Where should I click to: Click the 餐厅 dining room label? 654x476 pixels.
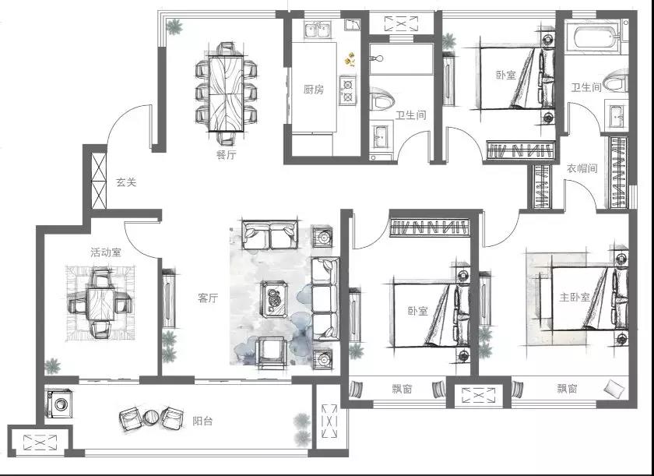click(x=226, y=155)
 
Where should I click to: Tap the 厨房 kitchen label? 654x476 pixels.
click(x=314, y=90)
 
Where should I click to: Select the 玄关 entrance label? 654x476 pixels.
click(x=126, y=182)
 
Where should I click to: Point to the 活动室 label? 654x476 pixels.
click(x=106, y=252)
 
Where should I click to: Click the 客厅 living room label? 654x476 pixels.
click(x=208, y=298)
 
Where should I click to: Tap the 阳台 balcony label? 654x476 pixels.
click(x=202, y=421)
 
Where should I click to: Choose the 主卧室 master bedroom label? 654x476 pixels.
click(x=575, y=297)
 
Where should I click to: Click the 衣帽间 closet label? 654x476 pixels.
click(x=582, y=168)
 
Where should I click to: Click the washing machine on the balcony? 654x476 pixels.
click(x=59, y=404)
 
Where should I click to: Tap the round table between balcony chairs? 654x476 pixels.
click(x=150, y=418)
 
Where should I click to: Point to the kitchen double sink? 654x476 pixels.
click(x=318, y=30)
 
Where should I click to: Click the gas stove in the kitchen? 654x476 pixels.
click(x=347, y=90)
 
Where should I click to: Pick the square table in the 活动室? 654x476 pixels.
click(x=100, y=304)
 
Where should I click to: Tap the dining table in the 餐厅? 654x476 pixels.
click(x=226, y=93)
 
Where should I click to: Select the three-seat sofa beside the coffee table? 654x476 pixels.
click(x=325, y=298)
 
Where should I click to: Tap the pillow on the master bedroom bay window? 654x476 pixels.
click(x=615, y=389)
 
